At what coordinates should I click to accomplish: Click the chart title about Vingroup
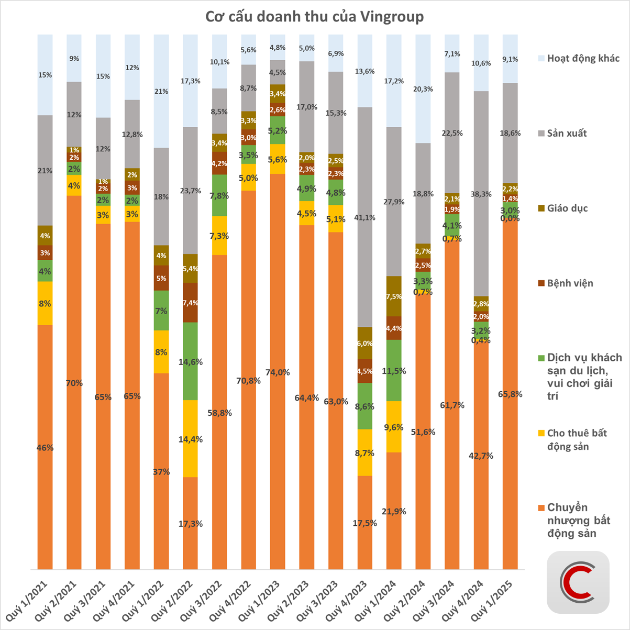tap(314, 17)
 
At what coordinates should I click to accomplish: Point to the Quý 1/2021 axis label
tap(32, 597)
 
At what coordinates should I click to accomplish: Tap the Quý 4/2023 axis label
tap(353, 597)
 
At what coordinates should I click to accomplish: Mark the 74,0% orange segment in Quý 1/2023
tap(278, 372)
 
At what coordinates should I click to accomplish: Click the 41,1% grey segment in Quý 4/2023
tap(365, 217)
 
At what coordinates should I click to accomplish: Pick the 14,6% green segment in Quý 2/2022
tap(191, 361)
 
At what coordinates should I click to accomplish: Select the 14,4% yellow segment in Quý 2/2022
tap(191, 439)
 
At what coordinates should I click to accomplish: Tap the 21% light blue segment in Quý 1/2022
tap(161, 92)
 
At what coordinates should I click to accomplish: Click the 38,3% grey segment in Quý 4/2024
tap(481, 194)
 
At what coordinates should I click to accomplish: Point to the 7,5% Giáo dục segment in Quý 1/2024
tap(394, 296)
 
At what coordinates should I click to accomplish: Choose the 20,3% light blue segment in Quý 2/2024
tap(423, 89)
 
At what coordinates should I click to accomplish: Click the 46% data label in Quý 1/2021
tap(45, 448)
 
